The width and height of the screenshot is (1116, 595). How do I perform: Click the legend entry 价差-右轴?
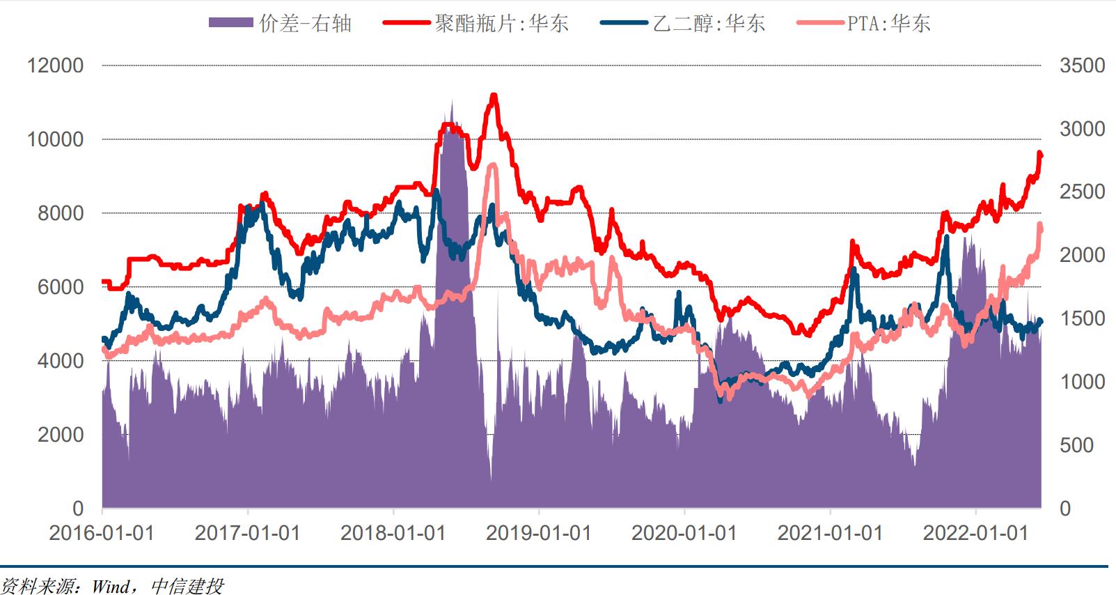(x=280, y=23)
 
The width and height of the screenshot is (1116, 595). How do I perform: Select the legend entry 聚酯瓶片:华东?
(x=476, y=23)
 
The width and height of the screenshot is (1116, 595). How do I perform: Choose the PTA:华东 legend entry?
(x=863, y=23)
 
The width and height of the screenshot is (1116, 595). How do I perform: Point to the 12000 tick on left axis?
(x=55, y=65)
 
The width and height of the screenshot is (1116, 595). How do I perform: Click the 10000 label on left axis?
(x=55, y=139)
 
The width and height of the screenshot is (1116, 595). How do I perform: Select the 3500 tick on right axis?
(x=1082, y=65)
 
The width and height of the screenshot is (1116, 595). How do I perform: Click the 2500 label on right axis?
(x=1082, y=192)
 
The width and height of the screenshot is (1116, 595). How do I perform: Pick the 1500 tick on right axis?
(x=1082, y=318)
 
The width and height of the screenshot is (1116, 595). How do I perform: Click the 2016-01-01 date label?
(x=102, y=533)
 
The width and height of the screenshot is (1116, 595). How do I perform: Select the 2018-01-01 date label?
(x=393, y=533)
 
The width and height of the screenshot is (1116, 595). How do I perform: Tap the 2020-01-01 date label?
(x=684, y=533)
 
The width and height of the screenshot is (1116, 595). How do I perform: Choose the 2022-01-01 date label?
(x=975, y=533)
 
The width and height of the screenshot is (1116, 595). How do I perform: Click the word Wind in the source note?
(x=110, y=586)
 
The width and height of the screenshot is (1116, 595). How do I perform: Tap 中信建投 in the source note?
(x=187, y=586)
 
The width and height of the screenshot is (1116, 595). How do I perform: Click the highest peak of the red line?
(x=494, y=95)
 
